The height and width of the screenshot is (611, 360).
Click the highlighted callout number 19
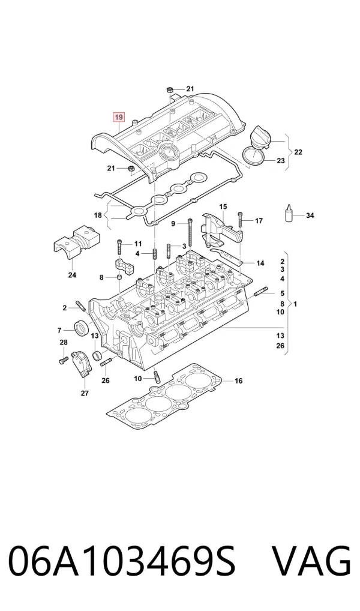pos(119,116)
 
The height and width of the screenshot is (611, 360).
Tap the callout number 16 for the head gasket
pos(238,381)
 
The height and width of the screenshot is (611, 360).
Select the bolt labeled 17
pos(240,220)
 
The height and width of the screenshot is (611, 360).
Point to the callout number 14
pos(260,263)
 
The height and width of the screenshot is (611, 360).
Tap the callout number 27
pos(85,393)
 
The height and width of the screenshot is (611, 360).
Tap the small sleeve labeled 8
pos(119,277)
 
